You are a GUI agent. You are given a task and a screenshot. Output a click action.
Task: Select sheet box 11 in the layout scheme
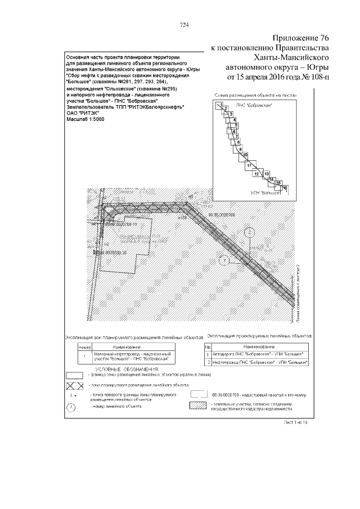(x=249, y=165)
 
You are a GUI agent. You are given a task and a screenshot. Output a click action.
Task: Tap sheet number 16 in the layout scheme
(x=285, y=187)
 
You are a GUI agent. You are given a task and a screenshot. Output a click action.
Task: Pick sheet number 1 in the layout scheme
(x=222, y=105)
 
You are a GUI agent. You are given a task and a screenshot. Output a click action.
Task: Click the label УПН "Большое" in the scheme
(x=266, y=193)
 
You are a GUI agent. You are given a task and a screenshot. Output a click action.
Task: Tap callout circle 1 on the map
(x=223, y=260)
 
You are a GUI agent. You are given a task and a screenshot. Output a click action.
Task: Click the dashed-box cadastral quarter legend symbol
(x=199, y=394)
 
